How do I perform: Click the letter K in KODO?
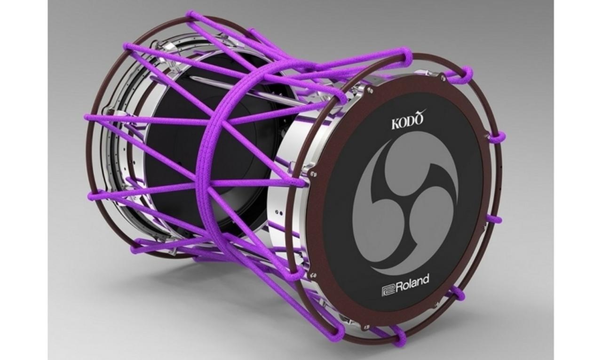pyautogui.click(x=396, y=124)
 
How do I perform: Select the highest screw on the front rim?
pyautogui.click(x=443, y=76)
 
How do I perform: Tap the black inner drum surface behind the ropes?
pyautogui.click(x=174, y=155)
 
